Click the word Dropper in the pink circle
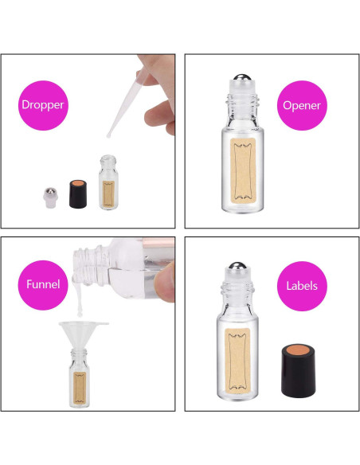[43, 105]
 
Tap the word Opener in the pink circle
[302, 106]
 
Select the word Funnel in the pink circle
[43, 284]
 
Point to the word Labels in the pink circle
[302, 286]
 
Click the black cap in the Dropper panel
[78, 193]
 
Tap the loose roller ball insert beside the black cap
[50, 197]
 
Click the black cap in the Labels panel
[299, 370]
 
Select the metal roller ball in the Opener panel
[242, 77]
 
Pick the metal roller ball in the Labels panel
[238, 266]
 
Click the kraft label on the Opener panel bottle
[243, 169]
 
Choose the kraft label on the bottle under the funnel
[80, 387]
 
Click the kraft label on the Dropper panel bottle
[108, 194]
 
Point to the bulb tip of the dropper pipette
[109, 135]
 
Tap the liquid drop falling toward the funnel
[80, 313]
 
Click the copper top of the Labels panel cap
[299, 350]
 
